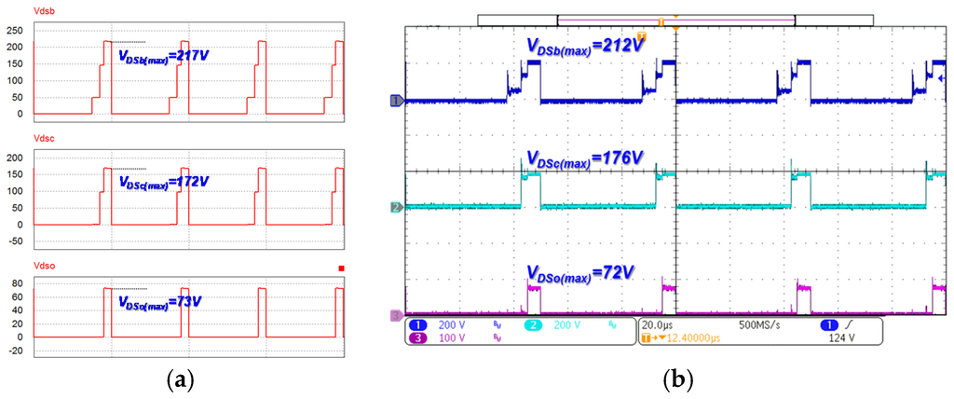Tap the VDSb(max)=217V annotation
tap(164, 57)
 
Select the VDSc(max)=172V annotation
tap(164, 183)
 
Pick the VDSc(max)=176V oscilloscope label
tap(584, 159)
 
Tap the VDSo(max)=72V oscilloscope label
tap(579, 272)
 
